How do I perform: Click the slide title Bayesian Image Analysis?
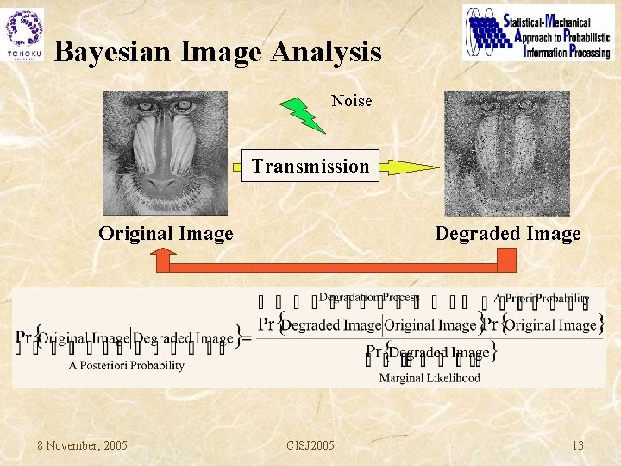pyautogui.click(x=217, y=53)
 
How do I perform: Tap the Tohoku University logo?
pyautogui.click(x=24, y=34)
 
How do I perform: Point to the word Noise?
pyautogui.click(x=351, y=101)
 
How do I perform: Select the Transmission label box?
pyautogui.click(x=310, y=166)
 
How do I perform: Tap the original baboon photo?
pyautogui.click(x=165, y=153)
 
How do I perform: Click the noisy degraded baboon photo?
pyautogui.click(x=507, y=153)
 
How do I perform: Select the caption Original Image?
pyautogui.click(x=166, y=234)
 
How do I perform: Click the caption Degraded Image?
pyautogui.click(x=507, y=234)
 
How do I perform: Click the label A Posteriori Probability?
pyautogui.click(x=127, y=365)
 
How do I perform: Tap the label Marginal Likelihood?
pyautogui.click(x=429, y=377)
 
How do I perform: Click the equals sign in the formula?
pyautogui.click(x=248, y=338)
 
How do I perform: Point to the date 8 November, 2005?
pyautogui.click(x=82, y=445)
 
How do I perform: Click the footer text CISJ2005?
pyautogui.click(x=310, y=445)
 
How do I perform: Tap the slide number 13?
pyautogui.click(x=577, y=445)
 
